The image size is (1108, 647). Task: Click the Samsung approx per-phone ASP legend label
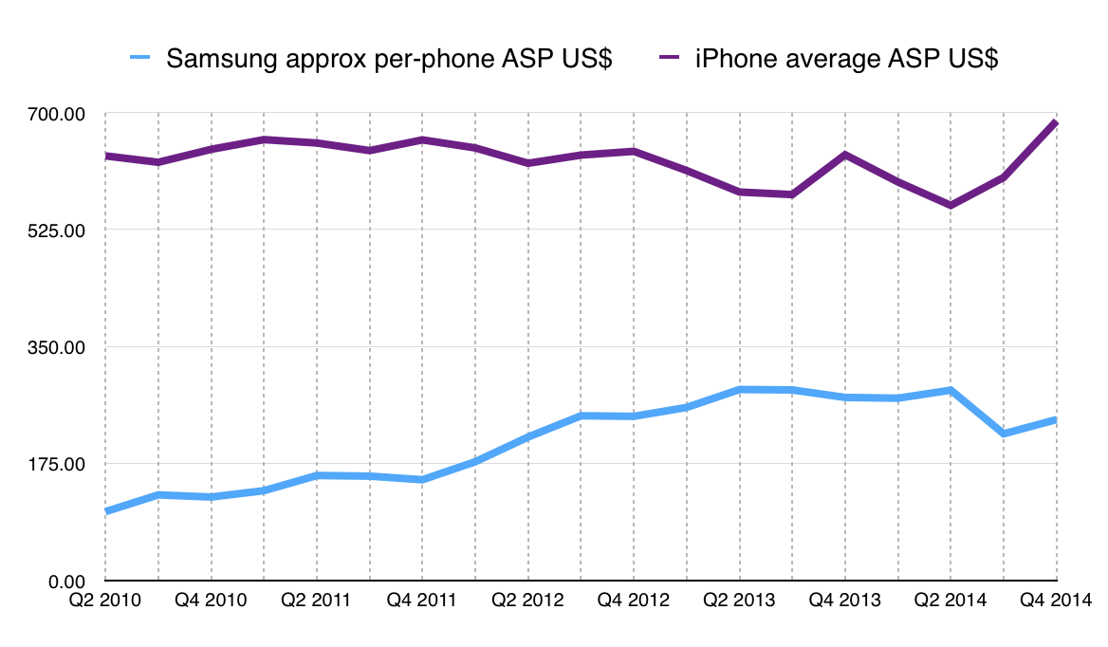pyautogui.click(x=389, y=59)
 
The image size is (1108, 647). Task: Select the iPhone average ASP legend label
pyautogui.click(x=846, y=59)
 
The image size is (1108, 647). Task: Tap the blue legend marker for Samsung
pyautogui.click(x=139, y=59)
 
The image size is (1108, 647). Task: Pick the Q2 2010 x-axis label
pyautogui.click(x=105, y=601)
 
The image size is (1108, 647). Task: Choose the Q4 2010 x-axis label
pyautogui.click(x=211, y=601)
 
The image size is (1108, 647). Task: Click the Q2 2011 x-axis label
pyautogui.click(x=316, y=601)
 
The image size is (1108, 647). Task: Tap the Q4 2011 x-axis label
pyautogui.click(x=421, y=601)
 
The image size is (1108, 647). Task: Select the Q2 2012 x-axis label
pyautogui.click(x=527, y=601)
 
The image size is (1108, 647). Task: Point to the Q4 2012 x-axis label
pyautogui.click(x=633, y=601)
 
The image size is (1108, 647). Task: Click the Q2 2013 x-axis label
pyautogui.click(x=738, y=601)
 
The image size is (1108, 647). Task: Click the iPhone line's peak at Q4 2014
pyautogui.click(x=1055, y=122)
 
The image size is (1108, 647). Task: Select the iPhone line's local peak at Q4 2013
pyautogui.click(x=844, y=155)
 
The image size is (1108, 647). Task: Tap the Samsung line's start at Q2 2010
pyautogui.click(x=106, y=511)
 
